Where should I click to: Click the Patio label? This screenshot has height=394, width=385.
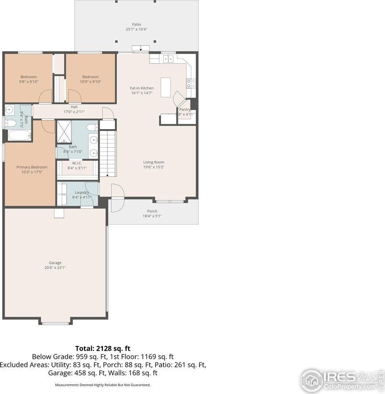tap(136, 24)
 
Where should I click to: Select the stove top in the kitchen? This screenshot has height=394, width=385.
tap(191, 82)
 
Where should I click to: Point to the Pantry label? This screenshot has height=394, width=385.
tap(185, 110)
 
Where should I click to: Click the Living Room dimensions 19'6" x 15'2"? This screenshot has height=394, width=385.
tap(154, 167)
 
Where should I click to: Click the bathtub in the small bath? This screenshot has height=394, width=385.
tap(18, 135)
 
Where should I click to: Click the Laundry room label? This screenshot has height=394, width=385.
tap(81, 192)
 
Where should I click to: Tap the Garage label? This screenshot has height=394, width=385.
tap(56, 263)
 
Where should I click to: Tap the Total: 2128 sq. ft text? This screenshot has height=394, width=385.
tap(102, 348)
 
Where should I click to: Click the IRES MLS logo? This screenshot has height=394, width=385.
tap(340, 379)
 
